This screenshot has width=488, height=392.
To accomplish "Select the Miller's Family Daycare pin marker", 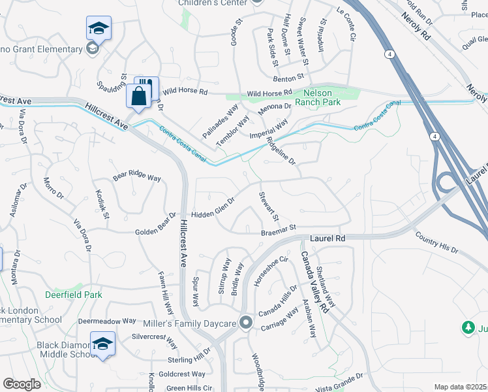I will coord(246,323).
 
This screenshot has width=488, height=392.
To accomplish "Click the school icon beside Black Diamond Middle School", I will coord(103,344).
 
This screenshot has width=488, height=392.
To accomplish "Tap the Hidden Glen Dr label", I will coord(213,209).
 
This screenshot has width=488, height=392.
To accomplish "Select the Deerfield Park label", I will coord(74,295).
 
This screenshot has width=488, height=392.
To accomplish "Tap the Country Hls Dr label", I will coord(436,246).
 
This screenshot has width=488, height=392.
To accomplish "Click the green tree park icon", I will coord(467,327).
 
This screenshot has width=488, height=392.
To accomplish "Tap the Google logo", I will coord(22,384).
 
